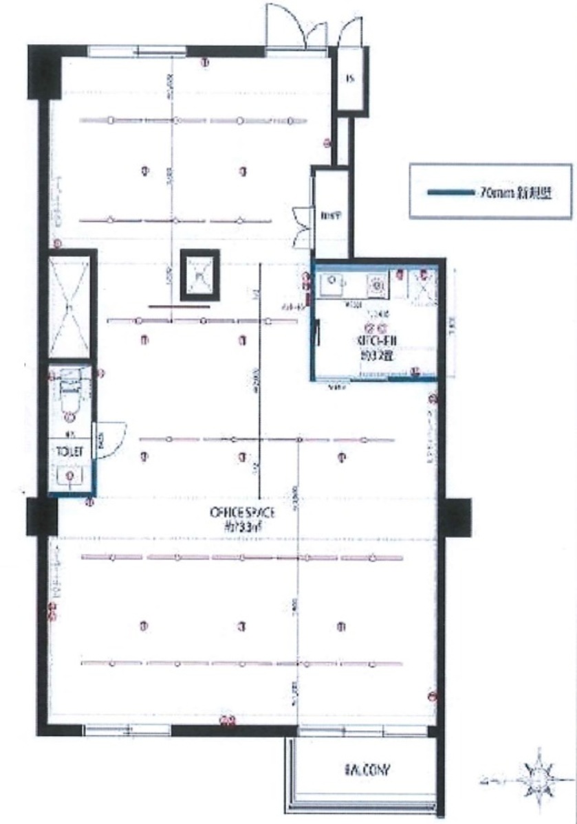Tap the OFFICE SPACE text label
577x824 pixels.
tap(242, 512)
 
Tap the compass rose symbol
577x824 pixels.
tap(541, 780)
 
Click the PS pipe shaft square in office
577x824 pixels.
tap(199, 275)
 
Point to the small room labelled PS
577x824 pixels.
tap(349, 78)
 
